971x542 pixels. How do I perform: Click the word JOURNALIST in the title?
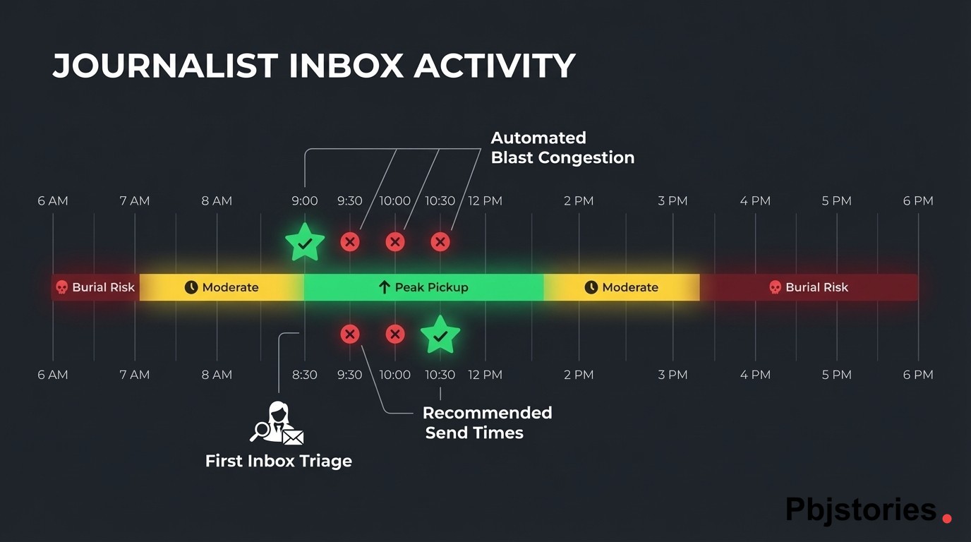165,66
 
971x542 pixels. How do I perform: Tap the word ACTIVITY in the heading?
495,66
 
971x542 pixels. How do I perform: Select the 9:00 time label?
305,201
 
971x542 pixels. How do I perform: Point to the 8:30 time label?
305,375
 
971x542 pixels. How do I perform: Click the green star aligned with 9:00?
305,242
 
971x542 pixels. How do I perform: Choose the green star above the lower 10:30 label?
440,335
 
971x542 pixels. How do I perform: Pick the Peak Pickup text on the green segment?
431,287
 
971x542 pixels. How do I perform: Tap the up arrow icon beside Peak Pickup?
385,287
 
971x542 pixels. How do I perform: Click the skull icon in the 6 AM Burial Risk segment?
62,287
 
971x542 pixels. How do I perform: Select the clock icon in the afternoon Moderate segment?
591,287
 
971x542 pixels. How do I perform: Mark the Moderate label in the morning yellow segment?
230,287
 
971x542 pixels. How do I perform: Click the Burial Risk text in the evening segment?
816,287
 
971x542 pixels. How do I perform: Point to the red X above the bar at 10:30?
440,242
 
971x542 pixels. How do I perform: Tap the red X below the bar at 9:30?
350,334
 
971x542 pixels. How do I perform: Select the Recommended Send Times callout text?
487,423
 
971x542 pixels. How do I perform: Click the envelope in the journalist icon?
293,437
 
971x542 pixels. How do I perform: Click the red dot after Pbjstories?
947,519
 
